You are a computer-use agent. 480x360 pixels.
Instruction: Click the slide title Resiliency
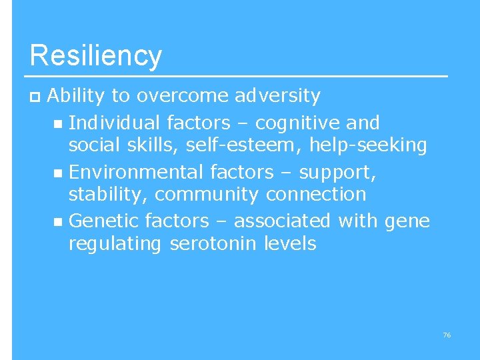point(95,55)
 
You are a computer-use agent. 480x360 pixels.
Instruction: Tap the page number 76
point(447,335)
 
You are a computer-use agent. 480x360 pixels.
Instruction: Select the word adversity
point(277,96)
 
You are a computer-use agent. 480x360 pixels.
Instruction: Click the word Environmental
point(136,172)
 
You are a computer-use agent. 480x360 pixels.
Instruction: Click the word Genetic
point(103,220)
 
